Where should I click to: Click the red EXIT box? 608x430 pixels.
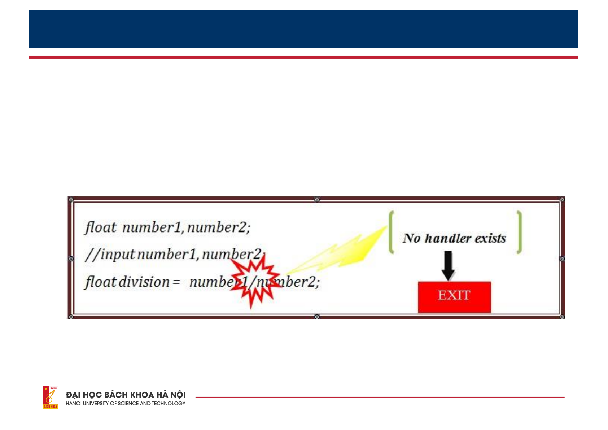454,296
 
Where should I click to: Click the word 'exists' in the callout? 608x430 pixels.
490,238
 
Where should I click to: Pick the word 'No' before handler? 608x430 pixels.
412,238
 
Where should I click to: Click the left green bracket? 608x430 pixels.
391,232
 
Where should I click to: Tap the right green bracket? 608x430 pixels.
519,232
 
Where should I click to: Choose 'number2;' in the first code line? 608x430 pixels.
219,227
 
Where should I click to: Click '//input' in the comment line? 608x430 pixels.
110,255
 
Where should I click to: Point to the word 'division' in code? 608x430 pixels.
144,282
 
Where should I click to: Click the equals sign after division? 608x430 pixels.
176,282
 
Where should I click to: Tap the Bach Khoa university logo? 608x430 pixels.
50,397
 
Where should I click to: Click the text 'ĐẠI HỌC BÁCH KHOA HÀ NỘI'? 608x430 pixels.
126,395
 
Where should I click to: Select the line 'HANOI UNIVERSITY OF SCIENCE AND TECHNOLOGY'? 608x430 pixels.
126,403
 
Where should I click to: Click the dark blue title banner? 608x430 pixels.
303,29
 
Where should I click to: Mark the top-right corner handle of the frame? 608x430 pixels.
562,199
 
